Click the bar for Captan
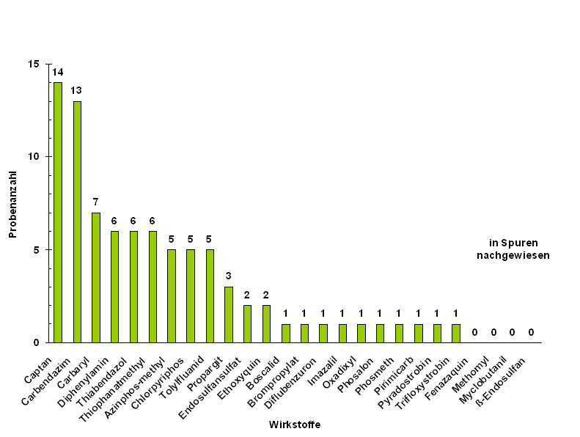[x=58, y=212]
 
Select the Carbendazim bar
[x=77, y=221]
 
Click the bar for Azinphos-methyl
[x=172, y=295]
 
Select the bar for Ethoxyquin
[x=266, y=323]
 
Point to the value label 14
[x=58, y=72]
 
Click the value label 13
[x=76, y=90]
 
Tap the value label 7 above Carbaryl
[x=95, y=202]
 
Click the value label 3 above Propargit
[x=228, y=276]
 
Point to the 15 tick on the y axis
[x=34, y=64]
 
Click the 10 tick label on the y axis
[x=34, y=157]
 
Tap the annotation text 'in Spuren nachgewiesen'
[x=513, y=249]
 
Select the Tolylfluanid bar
[x=210, y=295]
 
